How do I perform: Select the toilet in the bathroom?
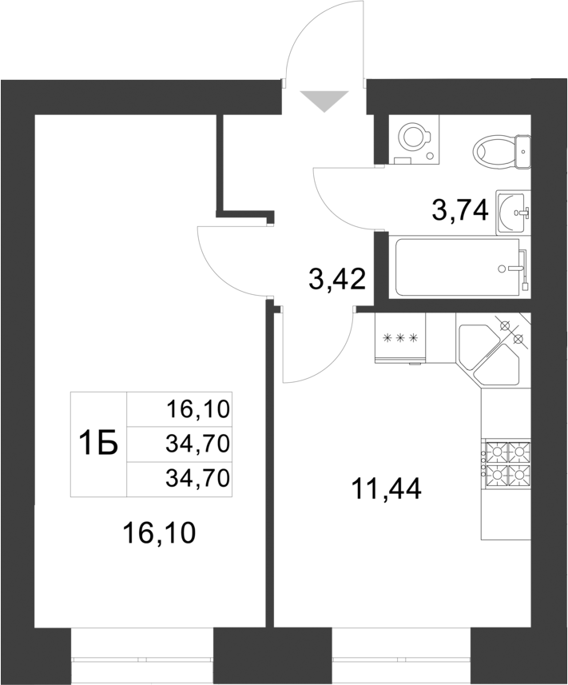[x=501, y=149]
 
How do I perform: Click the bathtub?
[x=459, y=266]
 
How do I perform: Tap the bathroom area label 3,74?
[x=459, y=212]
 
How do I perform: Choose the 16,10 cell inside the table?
[x=197, y=410]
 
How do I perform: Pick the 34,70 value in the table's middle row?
[x=197, y=444]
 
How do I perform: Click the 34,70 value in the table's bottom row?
[x=197, y=478]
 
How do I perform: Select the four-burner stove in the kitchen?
[x=506, y=463]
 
